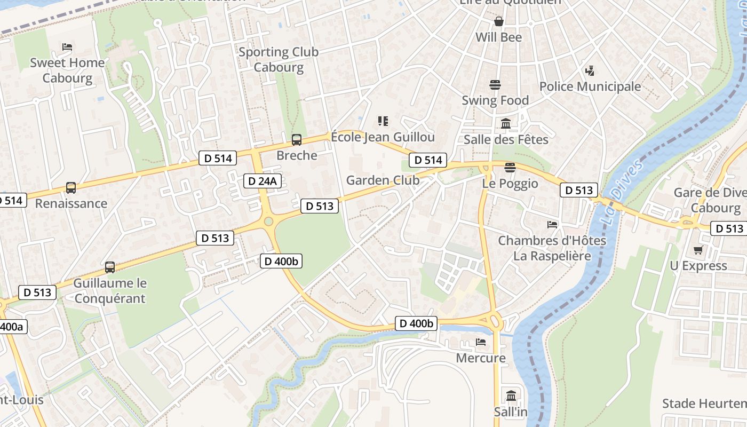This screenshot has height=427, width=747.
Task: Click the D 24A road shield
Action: (262, 181)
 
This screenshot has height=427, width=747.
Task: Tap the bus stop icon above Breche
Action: (296, 140)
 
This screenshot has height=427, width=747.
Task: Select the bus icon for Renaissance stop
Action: (70, 188)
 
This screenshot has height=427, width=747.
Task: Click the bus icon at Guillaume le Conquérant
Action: (109, 267)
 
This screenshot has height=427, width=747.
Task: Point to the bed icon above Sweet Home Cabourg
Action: (67, 47)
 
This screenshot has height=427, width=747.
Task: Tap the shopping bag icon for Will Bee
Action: (498, 21)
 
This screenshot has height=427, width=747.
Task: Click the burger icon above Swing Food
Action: (495, 85)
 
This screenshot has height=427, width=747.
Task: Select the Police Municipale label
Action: (590, 86)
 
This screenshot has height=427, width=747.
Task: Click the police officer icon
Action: (590, 70)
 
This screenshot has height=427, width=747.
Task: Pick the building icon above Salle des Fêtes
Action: (505, 124)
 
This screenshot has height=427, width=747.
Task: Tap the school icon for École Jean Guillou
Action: (383, 121)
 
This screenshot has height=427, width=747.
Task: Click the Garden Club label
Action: (383, 180)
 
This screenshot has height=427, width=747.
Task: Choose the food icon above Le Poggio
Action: (510, 168)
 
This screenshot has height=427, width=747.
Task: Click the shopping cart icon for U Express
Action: (697, 250)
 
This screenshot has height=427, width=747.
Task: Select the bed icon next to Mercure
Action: (480, 342)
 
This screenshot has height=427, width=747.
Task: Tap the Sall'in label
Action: (511, 412)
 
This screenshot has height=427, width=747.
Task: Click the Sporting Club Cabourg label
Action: (278, 59)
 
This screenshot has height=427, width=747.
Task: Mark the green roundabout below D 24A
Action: (268, 221)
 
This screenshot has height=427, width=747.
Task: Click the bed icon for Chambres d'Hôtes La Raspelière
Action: (552, 225)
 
